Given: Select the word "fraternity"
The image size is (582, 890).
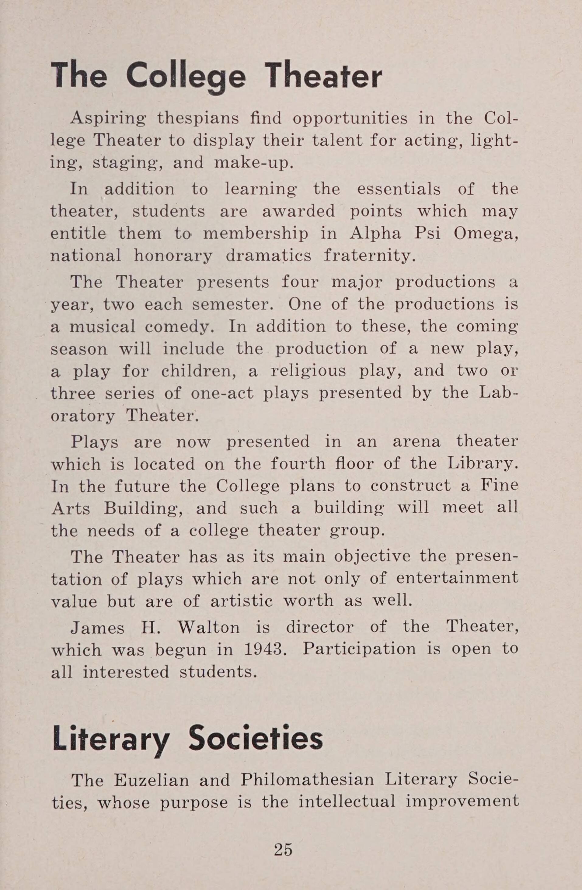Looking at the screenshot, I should [369, 256].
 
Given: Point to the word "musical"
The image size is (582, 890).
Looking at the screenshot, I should [102, 327].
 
